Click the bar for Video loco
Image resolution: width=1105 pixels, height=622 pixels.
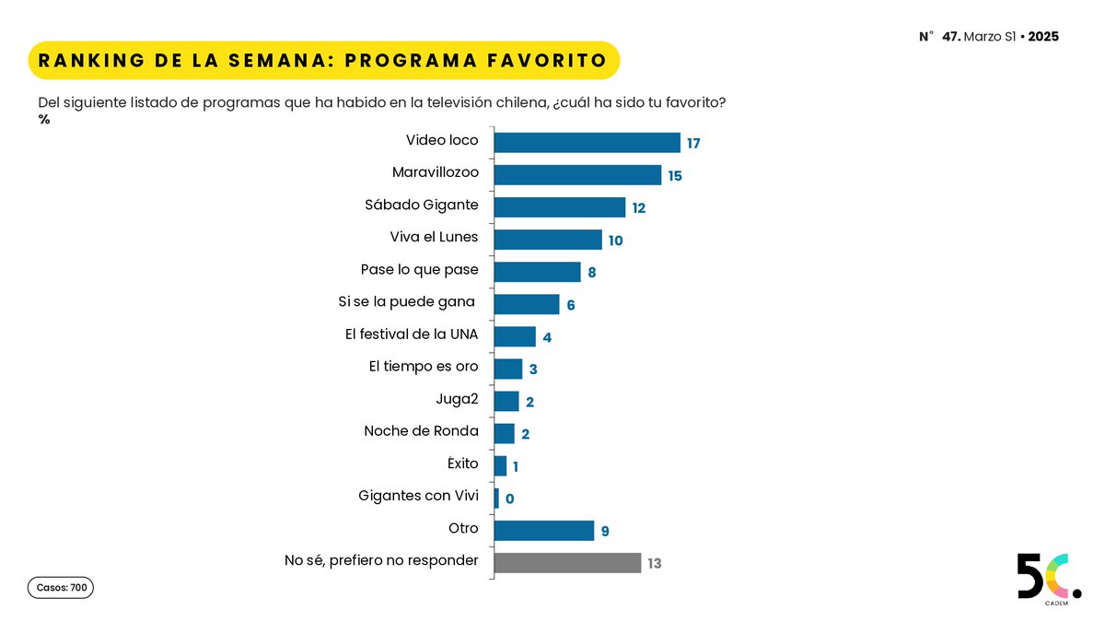point(587,142)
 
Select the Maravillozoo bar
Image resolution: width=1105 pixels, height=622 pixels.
point(577,175)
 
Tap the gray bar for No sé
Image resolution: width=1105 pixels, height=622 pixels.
point(567,563)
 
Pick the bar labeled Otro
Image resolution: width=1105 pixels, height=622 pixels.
point(543,531)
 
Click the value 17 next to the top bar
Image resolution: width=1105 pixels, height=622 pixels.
point(694,144)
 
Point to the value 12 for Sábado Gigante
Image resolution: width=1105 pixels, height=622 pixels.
point(638,208)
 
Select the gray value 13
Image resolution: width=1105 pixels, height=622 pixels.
point(654,564)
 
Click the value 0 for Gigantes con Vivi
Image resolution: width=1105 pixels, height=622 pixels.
point(509,499)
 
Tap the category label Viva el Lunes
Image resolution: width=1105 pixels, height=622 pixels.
point(434,238)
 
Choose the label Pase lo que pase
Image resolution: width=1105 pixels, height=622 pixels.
point(419,270)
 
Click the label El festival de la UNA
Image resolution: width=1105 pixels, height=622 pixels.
point(411,334)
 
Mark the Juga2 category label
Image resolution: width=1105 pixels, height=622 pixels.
point(457,399)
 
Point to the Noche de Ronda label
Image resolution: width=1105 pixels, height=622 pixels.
point(421,431)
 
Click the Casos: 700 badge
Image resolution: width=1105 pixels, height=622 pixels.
point(61,588)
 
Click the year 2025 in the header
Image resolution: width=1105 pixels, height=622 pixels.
point(1042,37)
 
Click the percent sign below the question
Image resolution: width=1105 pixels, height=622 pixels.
point(44,119)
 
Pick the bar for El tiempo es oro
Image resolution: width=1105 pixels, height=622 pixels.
point(507,369)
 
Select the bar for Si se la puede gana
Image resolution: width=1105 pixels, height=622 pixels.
point(526,304)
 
